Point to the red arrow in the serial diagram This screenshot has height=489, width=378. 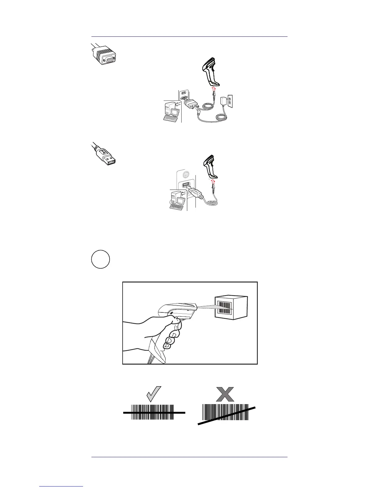[x=212, y=90]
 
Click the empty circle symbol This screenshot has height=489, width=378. [x=101, y=259]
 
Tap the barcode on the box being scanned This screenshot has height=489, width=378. [x=225, y=307]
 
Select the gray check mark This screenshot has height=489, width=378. [x=153, y=394]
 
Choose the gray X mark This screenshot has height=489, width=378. [x=225, y=394]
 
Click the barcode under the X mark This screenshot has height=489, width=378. [x=225, y=412]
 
